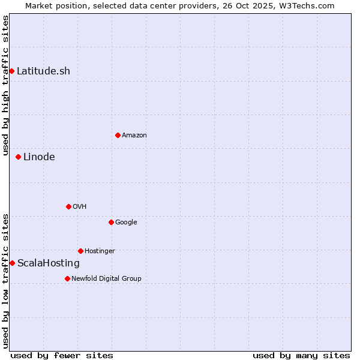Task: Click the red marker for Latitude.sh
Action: coord(11,71)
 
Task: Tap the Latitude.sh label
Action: coord(43,71)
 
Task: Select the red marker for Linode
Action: coord(18,157)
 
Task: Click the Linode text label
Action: coord(39,157)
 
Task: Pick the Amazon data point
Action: coord(118,135)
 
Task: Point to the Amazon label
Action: coord(134,136)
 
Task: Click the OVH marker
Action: coord(68,206)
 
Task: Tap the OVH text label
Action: coord(80,207)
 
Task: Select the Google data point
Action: coord(111,222)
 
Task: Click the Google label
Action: coord(126,223)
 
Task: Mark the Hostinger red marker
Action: coord(80,251)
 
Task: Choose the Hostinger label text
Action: coord(100,251)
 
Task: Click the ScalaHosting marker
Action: coord(12,263)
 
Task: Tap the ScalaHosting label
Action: coord(49,263)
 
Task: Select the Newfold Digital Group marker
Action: coord(67,278)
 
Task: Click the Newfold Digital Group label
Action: coord(106,279)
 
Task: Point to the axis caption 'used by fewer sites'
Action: coord(62,355)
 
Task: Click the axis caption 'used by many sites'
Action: coord(301,355)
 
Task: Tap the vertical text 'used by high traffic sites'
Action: coord(5,86)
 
